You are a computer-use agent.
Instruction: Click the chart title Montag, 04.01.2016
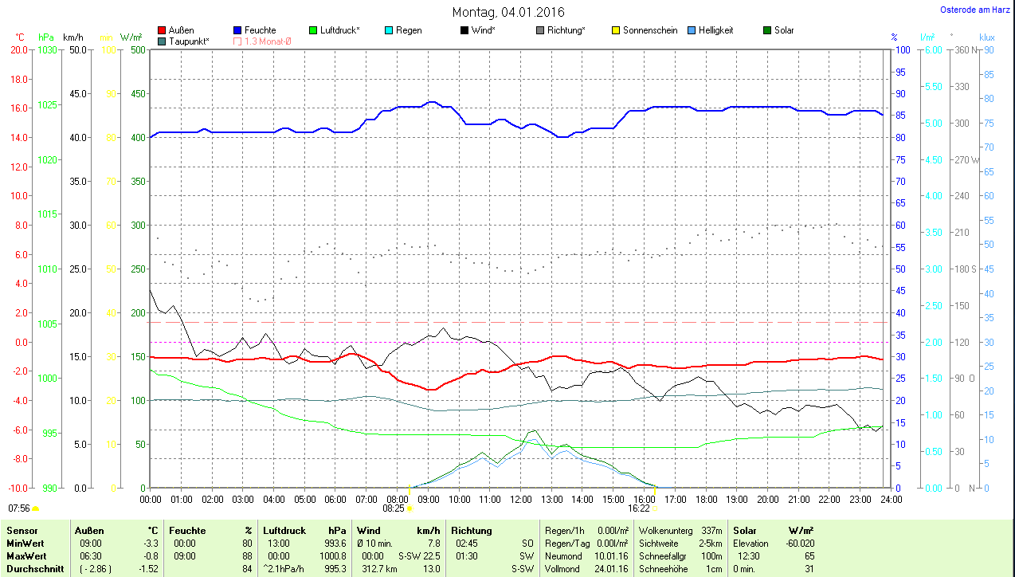pos(508,12)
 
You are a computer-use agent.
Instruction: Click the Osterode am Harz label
pos(975,10)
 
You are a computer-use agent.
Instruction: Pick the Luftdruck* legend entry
pos(339,30)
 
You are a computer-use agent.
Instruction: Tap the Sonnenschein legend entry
pos(649,30)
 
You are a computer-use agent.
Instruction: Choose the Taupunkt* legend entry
pos(189,41)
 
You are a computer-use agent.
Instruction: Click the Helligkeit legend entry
pos(715,30)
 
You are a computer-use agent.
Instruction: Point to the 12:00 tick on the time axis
pos(520,499)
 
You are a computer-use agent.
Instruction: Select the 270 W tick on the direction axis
pos(969,159)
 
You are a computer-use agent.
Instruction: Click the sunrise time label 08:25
pos(394,508)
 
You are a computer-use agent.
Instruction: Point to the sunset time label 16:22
pos(639,508)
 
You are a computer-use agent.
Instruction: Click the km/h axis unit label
pos(73,37)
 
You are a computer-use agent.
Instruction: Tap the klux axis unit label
pos(987,37)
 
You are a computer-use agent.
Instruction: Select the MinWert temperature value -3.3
pos(148,543)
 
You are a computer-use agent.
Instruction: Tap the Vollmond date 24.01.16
pos(613,569)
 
